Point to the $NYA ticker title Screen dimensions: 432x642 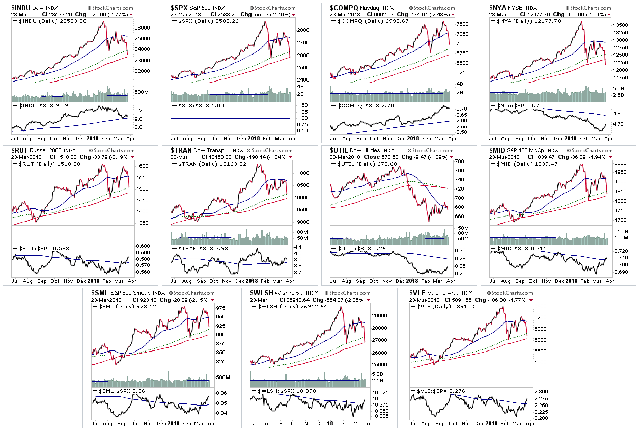coord(499,8)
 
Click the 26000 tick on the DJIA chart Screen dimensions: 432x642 coord(142,28)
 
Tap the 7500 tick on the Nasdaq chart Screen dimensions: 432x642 coord(462,24)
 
